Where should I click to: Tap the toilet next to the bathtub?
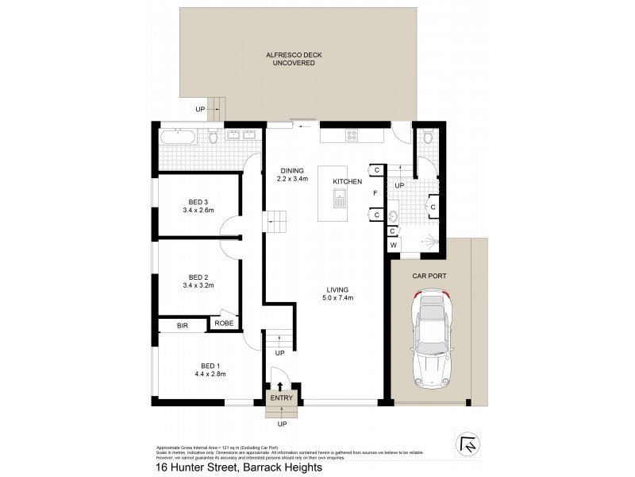tap(213, 138)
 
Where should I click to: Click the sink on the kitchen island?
tap(340, 200)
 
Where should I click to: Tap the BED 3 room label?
tap(198, 202)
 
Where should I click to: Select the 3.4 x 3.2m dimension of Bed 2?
tap(198, 284)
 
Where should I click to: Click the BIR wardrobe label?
tap(182, 325)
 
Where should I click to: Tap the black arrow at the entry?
tap(280, 386)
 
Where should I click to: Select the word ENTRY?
tap(281, 398)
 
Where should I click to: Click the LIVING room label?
tap(337, 289)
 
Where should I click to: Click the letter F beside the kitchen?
tap(375, 192)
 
